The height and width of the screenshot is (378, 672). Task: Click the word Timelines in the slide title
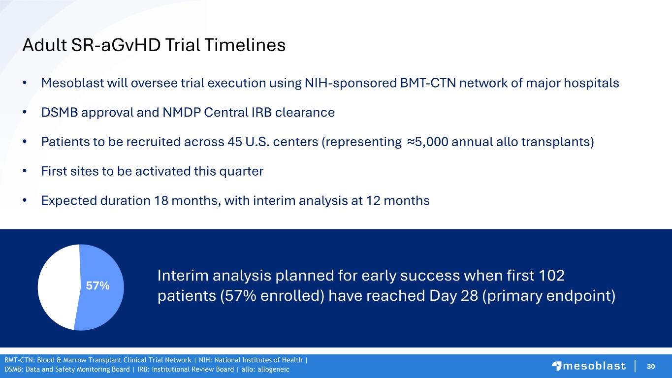tap(245, 45)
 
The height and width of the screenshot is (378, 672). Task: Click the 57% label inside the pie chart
tap(98, 285)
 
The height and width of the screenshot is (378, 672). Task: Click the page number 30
tap(651, 366)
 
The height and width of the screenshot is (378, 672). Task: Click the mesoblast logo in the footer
tap(589, 366)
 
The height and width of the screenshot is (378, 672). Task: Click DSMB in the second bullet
tap(60, 113)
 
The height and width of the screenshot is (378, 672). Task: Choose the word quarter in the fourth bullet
tap(241, 171)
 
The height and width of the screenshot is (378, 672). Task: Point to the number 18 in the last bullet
tap(161, 201)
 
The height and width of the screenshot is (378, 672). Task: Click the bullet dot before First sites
tap(25, 171)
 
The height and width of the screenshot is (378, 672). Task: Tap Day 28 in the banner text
tap(453, 295)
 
